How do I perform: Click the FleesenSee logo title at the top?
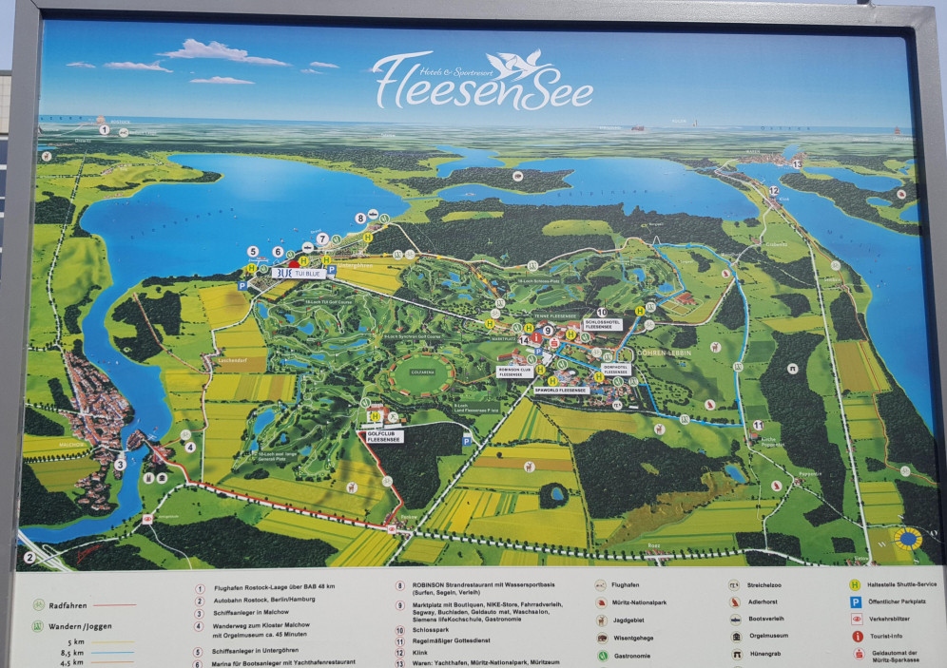483,83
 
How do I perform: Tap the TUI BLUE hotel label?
300,272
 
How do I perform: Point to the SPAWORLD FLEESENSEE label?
560,390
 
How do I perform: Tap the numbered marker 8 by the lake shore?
360,219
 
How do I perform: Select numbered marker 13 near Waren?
797,164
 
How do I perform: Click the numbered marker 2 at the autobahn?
29,558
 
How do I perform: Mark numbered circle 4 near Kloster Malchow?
189,447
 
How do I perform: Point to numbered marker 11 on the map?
757,425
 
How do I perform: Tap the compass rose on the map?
908,539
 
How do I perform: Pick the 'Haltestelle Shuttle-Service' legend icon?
856,585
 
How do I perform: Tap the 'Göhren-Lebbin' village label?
667,351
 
